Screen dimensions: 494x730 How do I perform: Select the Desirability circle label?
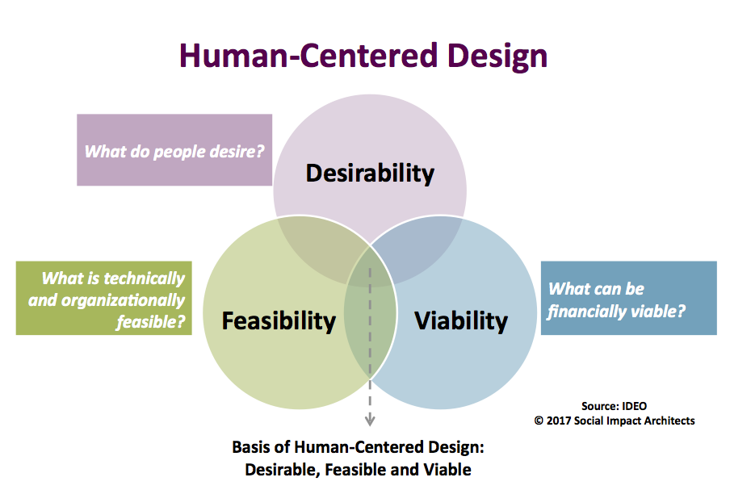pyautogui.click(x=370, y=173)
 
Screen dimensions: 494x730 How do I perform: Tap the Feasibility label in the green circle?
pyautogui.click(x=279, y=320)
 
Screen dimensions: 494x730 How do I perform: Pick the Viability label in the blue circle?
pyautogui.click(x=461, y=320)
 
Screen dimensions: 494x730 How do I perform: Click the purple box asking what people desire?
pyautogui.click(x=174, y=150)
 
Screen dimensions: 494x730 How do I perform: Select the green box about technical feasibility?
pyautogui.click(x=104, y=298)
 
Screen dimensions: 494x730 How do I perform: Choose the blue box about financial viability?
pyautogui.click(x=628, y=298)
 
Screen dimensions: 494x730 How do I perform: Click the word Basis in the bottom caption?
pyautogui.click(x=251, y=448)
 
